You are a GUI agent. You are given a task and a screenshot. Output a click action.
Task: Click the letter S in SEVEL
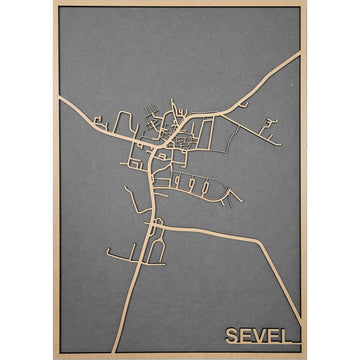(232, 334)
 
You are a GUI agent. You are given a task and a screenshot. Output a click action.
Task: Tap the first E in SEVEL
(247, 334)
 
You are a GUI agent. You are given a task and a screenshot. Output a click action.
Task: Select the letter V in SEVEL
(262, 334)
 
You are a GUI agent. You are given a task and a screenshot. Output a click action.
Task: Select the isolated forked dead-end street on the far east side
(267, 126)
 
